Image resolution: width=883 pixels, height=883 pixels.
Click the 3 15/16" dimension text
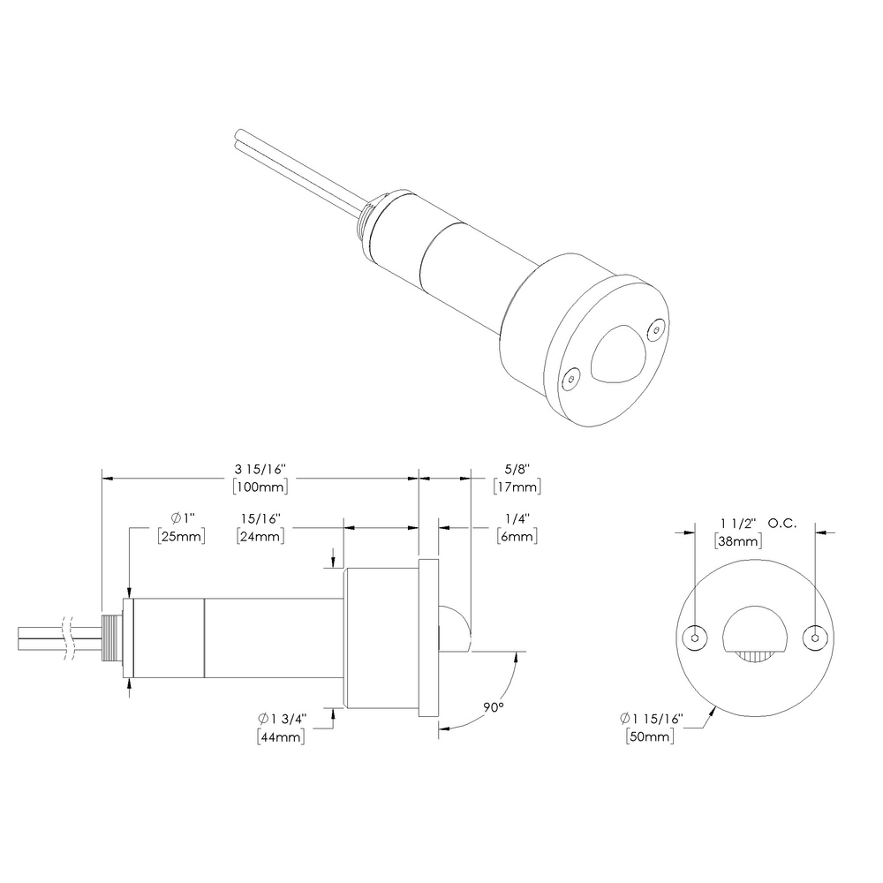click(260, 470)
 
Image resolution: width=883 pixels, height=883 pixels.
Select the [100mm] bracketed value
click(260, 487)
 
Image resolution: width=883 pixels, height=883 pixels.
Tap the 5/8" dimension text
click(517, 470)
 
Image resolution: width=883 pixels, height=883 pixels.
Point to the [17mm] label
click(517, 487)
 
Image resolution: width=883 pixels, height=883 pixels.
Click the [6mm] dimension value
click(517, 536)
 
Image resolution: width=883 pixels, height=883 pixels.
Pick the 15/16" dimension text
click(260, 518)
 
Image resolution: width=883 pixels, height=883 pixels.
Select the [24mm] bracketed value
click(260, 536)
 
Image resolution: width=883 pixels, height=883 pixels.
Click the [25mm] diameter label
click(180, 536)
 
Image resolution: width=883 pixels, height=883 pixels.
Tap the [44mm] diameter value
click(281, 736)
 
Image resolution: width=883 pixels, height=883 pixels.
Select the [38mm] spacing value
click(737, 541)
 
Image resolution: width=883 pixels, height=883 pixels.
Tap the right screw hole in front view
click(813, 638)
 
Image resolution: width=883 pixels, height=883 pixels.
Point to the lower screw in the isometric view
click(570, 380)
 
